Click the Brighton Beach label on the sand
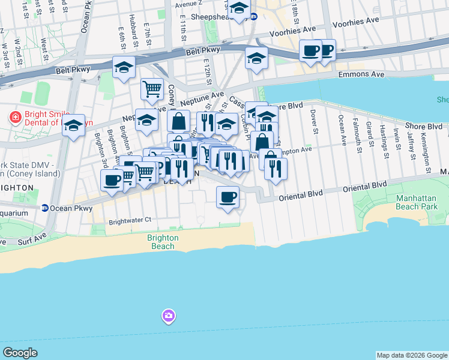(x=163, y=242)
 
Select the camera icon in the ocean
(x=168, y=316)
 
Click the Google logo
(x=20, y=353)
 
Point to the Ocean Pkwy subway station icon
(x=45, y=208)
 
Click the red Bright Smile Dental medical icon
(x=14, y=116)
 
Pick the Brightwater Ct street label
(x=130, y=221)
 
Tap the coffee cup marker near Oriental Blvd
(x=228, y=197)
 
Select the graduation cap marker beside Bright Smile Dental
(x=74, y=125)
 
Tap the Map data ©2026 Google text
(x=412, y=355)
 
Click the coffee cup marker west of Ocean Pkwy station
(x=112, y=181)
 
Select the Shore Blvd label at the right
(x=423, y=127)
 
